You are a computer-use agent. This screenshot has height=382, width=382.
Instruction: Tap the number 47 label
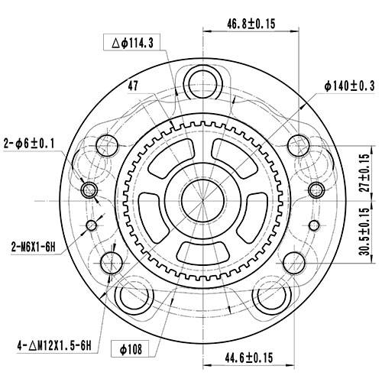coord(133,86)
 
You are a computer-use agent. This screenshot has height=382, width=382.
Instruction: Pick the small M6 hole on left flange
coord(92,225)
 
